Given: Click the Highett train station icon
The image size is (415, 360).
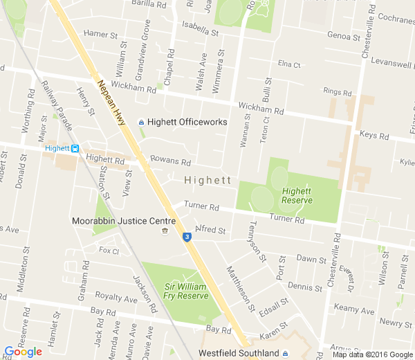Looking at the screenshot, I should point(75,147).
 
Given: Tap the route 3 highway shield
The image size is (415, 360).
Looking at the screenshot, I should point(187,237).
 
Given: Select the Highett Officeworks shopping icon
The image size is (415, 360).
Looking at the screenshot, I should point(142,122).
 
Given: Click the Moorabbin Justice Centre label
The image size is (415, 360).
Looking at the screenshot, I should point(124,221).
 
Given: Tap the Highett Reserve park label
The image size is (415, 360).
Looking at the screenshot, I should point(297,195).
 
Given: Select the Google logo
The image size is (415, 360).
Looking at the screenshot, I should point(23,352).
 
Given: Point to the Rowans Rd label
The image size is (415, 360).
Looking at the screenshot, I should point(170,161).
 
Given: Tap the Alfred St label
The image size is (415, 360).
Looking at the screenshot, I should point(211,229).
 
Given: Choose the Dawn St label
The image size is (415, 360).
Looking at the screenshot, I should point(311,260).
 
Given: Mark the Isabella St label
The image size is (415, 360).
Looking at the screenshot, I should point(200,29).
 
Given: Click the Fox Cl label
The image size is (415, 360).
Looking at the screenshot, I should point(109,251).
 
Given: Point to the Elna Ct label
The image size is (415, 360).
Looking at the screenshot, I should point(289,64).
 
